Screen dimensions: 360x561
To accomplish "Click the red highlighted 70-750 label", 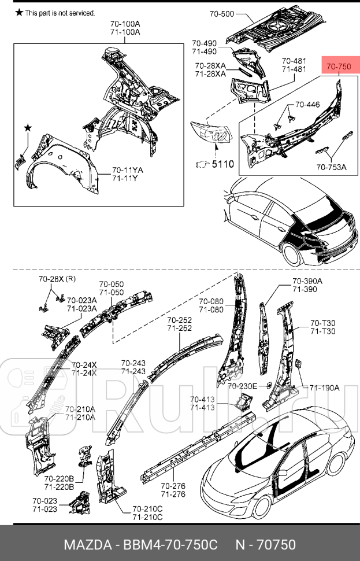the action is point(339,66).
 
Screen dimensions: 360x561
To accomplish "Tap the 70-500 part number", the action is point(222,14).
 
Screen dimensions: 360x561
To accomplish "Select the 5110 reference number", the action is point(222,164).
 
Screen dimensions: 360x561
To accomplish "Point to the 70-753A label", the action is point(332,167).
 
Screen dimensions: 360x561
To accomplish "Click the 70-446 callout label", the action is point(307,105).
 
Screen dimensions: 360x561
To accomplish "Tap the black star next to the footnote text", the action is point(19,13).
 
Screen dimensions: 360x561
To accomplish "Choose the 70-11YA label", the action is point(128,170).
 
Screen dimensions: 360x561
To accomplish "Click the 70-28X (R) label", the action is point(57,279).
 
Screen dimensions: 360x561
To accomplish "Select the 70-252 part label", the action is point(180,320).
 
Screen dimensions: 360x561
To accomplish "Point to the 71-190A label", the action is point(325,387).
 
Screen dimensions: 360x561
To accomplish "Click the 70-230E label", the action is point(242,386).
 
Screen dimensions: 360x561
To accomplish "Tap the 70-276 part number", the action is point(173,486).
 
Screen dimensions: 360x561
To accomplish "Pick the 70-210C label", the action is point(147,509).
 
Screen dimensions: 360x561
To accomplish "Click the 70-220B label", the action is point(59,479).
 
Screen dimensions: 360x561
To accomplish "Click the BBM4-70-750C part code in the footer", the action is point(170,545).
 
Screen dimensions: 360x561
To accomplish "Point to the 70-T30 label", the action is point(323,323).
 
